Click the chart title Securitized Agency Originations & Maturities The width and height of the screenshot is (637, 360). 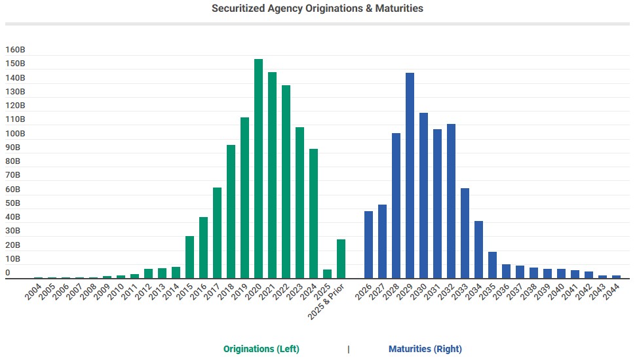(x=317, y=9)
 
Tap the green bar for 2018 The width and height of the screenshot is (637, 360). (x=231, y=211)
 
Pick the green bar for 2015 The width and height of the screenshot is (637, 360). (x=189, y=257)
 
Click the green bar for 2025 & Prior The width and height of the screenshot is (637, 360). (x=341, y=259)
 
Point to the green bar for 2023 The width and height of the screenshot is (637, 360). (x=299, y=203)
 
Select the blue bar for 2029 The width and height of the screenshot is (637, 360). (x=410, y=175)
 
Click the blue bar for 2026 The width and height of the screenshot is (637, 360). (x=368, y=245)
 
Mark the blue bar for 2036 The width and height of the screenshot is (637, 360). (x=506, y=271)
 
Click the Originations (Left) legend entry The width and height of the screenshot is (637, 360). (x=261, y=349)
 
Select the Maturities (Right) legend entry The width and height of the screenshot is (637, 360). (x=425, y=349)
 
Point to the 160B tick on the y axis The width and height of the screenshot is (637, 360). (x=15, y=50)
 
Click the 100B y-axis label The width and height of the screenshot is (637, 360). (x=15, y=133)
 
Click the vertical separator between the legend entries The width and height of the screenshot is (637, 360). (x=348, y=349)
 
